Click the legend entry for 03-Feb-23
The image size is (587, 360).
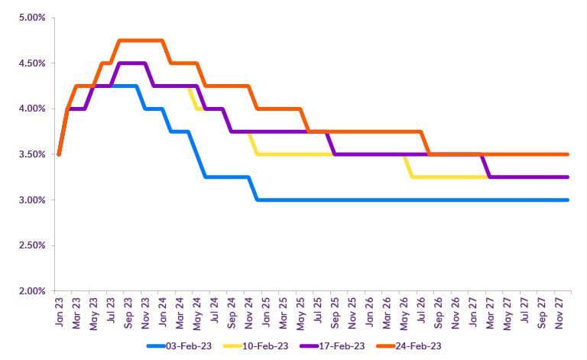[x=190, y=345]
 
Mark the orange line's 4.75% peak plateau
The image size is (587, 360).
[x=141, y=41]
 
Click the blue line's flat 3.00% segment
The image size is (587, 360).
[x=413, y=200]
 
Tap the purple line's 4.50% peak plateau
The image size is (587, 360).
[x=132, y=63]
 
